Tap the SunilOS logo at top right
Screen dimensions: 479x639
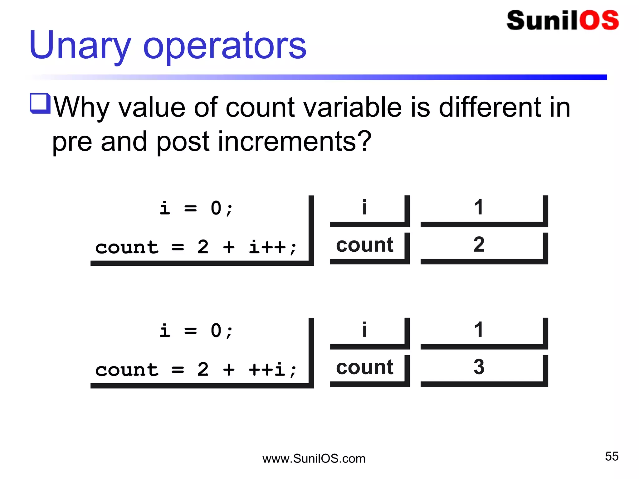click(x=563, y=21)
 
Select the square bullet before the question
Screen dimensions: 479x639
click(x=40, y=103)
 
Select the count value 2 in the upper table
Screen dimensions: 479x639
click(x=479, y=244)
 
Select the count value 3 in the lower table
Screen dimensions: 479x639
click(x=479, y=367)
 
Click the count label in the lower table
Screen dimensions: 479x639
click(x=364, y=367)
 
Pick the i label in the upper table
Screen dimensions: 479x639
click(x=364, y=207)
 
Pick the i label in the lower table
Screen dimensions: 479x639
click(x=364, y=330)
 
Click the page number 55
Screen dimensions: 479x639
click(x=612, y=456)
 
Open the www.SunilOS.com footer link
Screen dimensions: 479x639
click(x=314, y=459)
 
